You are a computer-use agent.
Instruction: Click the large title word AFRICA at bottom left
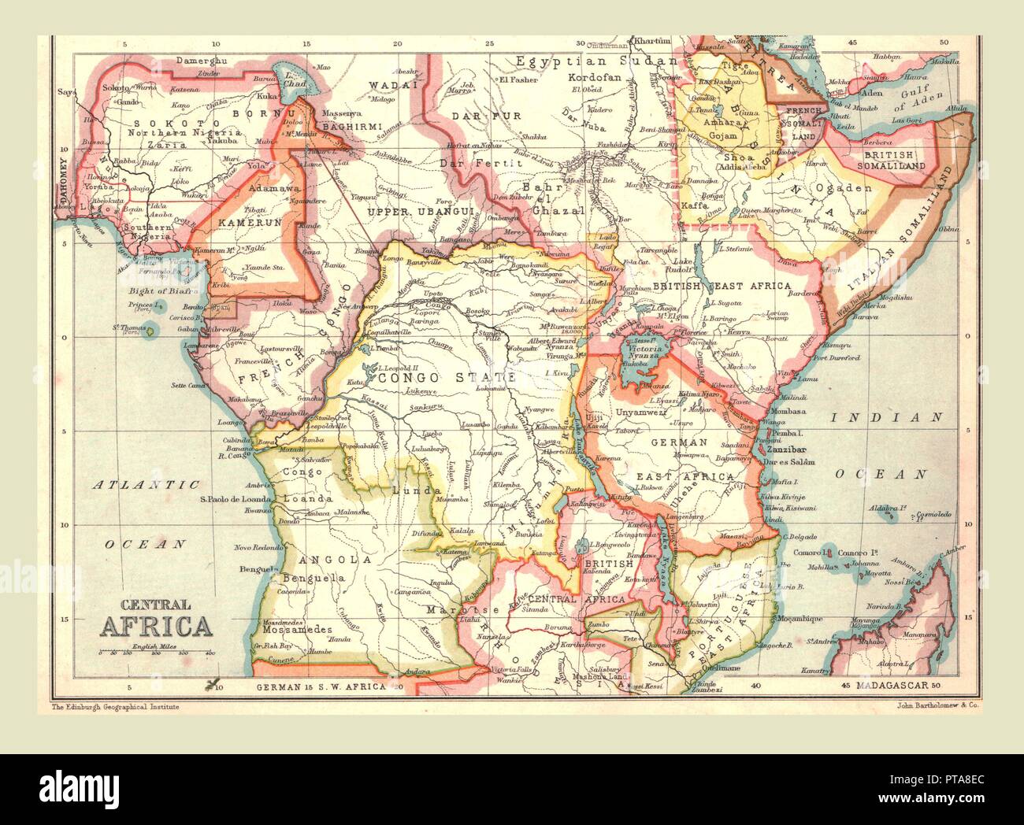(156, 626)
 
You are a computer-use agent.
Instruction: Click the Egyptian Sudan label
(595, 61)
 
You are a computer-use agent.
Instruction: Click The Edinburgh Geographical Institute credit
(115, 707)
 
